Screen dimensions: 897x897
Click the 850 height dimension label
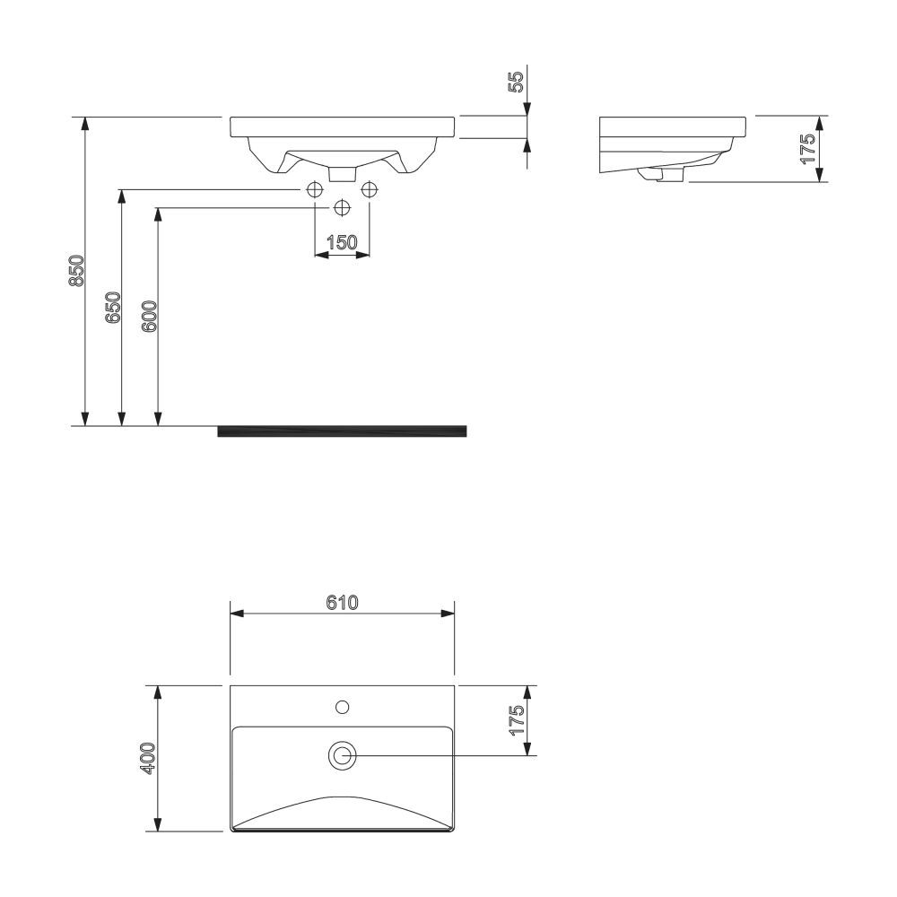point(77,271)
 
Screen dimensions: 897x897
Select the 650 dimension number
point(113,308)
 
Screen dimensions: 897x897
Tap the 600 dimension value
point(150,317)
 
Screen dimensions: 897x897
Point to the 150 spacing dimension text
point(342,242)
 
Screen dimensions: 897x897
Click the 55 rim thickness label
point(516,83)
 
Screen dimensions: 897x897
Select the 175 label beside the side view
point(808,148)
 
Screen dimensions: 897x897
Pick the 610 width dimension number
point(342,603)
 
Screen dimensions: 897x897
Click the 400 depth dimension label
point(149,758)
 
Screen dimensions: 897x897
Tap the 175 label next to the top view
point(516,721)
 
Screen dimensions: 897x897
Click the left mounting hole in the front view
point(315,190)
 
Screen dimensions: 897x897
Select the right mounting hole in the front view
point(369,190)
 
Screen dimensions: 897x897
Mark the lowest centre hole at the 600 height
point(342,208)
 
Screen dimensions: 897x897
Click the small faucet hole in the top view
point(342,707)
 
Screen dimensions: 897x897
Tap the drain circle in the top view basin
point(342,756)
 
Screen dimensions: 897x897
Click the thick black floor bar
point(342,431)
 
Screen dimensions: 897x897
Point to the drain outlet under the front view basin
point(342,171)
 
